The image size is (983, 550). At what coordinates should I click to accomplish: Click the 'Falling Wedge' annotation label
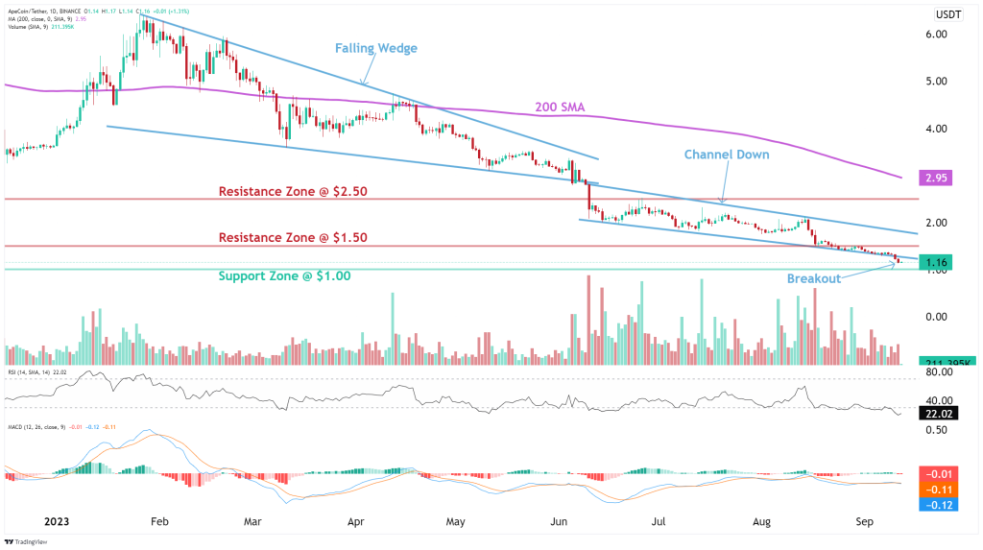point(375,48)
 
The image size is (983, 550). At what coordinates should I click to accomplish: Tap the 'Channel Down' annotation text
point(727,154)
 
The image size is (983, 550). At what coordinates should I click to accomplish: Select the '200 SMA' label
point(560,107)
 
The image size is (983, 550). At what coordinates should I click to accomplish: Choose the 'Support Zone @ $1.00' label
point(284,275)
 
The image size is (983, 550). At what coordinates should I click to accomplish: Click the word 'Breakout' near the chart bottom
point(814,278)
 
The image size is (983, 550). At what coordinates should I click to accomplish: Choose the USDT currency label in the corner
point(949,13)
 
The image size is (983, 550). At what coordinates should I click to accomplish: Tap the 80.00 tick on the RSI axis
point(937,371)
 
